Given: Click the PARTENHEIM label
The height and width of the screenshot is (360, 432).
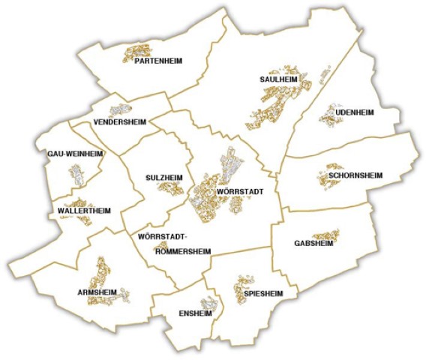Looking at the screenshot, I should (158, 61).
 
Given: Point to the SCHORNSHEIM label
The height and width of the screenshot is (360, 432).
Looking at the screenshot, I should (355, 175).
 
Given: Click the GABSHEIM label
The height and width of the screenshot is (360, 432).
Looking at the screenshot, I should (314, 244).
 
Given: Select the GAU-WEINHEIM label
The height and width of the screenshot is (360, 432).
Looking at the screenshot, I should (74, 154).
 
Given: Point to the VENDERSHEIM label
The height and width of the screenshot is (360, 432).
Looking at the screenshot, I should (120, 121).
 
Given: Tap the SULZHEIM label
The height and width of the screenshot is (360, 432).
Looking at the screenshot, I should (163, 178).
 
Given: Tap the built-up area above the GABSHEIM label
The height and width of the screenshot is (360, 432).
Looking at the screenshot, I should (326, 234).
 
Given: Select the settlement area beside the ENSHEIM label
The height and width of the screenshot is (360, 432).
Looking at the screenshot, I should (209, 304).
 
